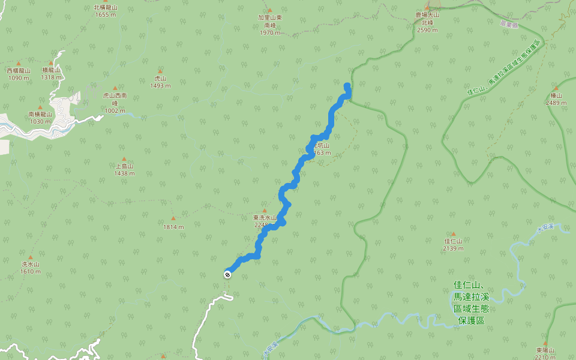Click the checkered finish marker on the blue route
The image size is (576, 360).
pos(227,275)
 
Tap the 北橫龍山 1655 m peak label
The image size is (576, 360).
pos(105,11)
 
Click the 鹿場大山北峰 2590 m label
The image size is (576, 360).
pos(427,22)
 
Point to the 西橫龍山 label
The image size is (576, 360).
pos(19,74)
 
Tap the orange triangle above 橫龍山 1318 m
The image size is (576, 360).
pos(52,62)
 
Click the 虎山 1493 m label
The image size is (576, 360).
pos(160,82)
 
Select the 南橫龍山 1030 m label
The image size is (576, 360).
pos(40,118)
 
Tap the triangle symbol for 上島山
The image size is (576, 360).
pos(124,159)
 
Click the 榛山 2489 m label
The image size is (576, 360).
pos(556,99)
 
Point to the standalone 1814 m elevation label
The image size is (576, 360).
pos(173,227)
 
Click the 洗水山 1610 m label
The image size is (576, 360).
pos(30,268)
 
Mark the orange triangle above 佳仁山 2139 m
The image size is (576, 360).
pos(453,234)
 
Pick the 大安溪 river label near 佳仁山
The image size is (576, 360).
pos(546,227)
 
